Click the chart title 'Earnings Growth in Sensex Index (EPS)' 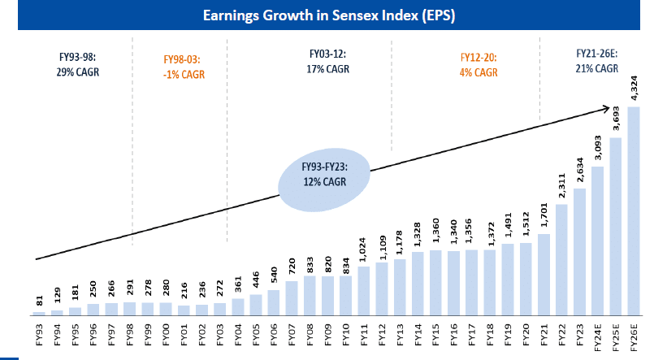[327, 15]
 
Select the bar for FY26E [635, 210]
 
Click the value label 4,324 [635, 89]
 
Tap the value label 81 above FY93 [41, 300]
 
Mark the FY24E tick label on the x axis [599, 336]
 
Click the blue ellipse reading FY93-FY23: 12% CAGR [323, 176]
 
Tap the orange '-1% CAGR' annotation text [179, 74]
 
